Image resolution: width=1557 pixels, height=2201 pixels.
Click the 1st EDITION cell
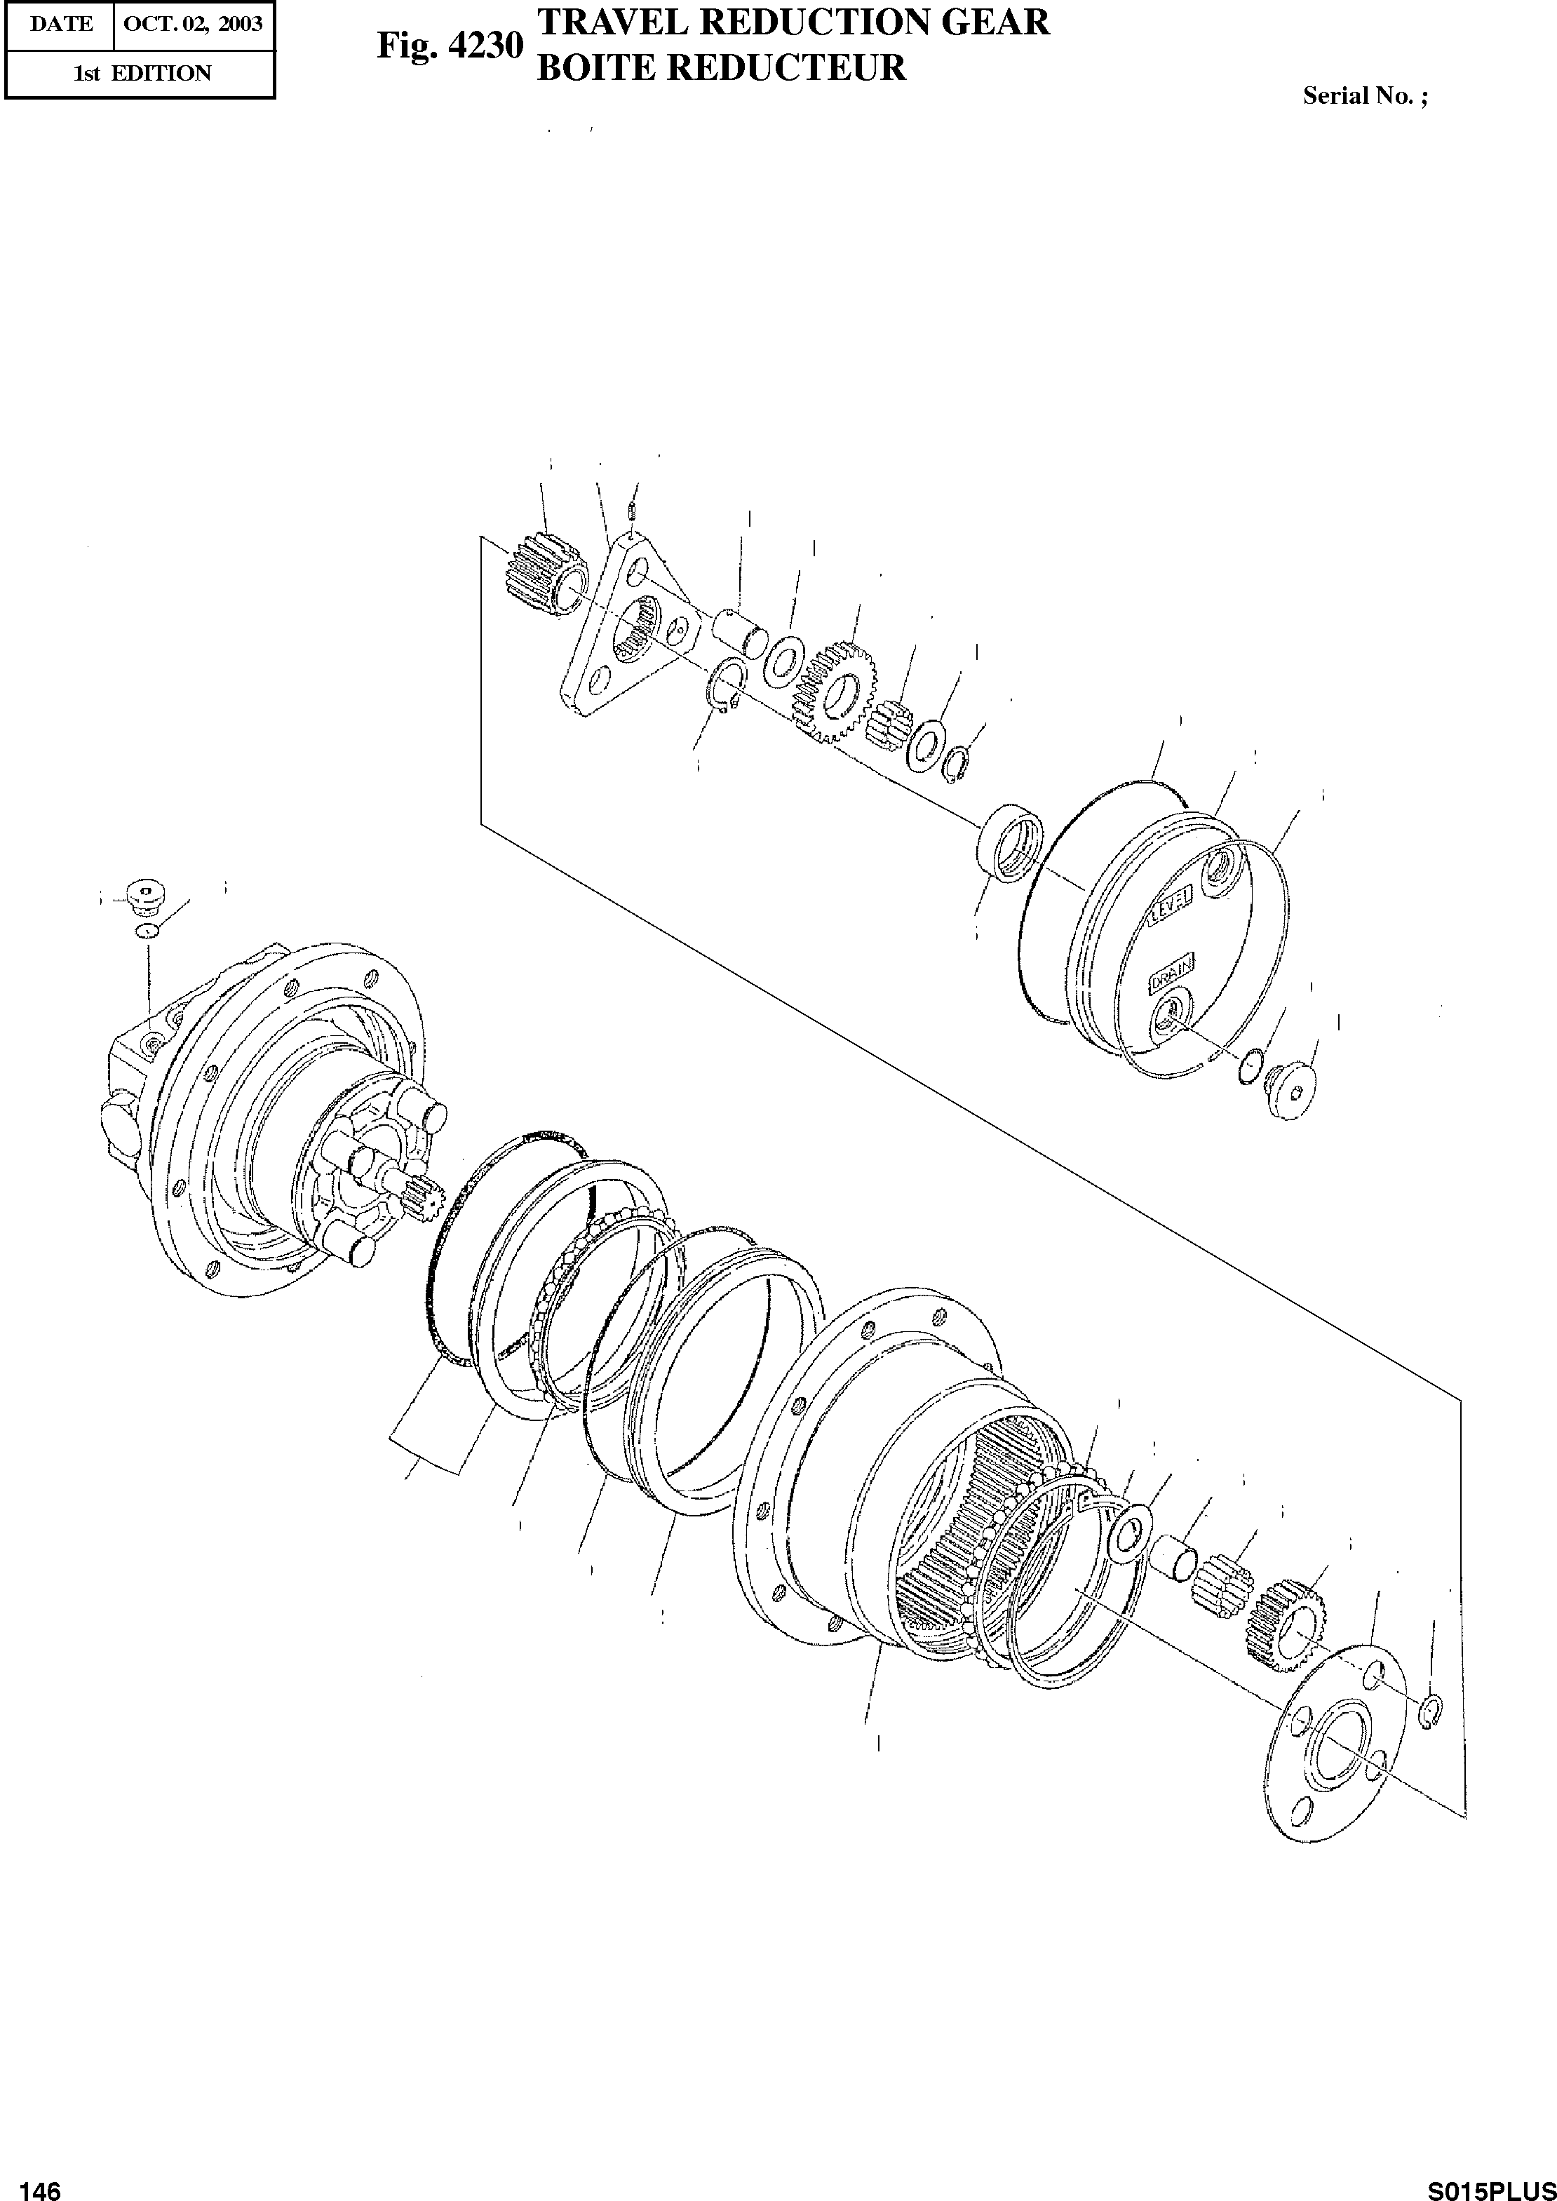[142, 74]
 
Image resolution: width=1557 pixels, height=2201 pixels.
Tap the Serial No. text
[1364, 96]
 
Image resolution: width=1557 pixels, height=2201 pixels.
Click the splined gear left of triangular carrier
[544, 577]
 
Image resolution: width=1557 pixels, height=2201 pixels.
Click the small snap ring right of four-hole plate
[1429, 1712]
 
